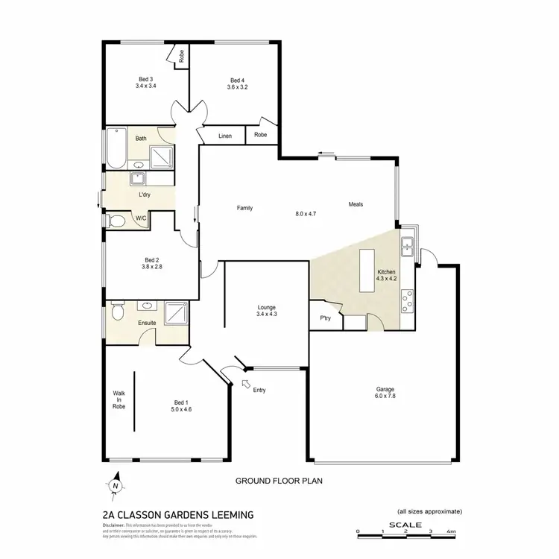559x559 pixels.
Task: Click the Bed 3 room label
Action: click(x=145, y=80)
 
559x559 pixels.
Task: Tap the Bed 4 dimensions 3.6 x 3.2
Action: click(x=237, y=87)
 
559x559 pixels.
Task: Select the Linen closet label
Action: click(x=224, y=136)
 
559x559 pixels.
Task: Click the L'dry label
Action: click(x=145, y=195)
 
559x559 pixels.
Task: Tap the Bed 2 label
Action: click(x=151, y=260)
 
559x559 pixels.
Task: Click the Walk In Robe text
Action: click(x=119, y=400)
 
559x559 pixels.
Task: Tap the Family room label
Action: click(x=244, y=208)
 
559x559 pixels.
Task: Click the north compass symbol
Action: click(x=116, y=485)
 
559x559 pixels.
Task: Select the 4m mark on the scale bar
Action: click(x=449, y=531)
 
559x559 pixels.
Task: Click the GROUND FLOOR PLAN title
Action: click(x=278, y=482)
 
